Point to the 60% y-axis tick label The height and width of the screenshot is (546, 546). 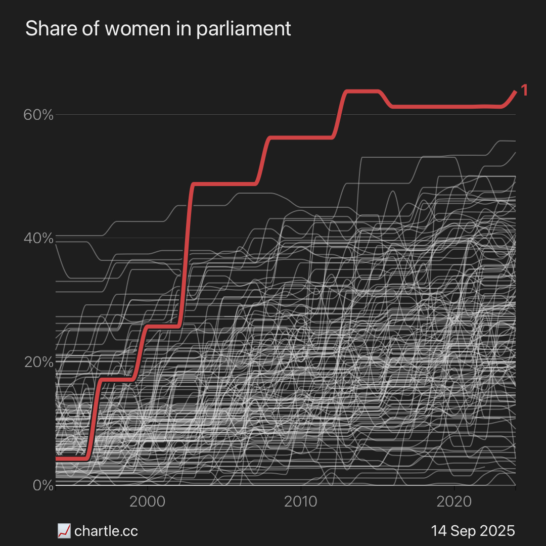(x=38, y=115)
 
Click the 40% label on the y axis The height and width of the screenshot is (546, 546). (x=38, y=238)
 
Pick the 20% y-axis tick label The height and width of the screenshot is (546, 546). (x=38, y=362)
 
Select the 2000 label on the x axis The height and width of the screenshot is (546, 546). (x=147, y=502)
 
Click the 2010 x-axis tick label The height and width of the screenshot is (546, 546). (x=301, y=502)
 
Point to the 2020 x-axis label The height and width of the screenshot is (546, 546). (x=454, y=502)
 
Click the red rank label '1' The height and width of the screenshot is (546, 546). (x=524, y=90)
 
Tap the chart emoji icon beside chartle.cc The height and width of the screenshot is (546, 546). (x=64, y=531)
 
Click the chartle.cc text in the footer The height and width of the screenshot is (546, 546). (x=106, y=531)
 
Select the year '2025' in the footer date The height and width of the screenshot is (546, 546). (x=497, y=531)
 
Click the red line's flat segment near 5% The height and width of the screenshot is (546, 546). (x=71, y=459)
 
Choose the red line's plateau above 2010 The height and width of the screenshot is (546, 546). (x=301, y=138)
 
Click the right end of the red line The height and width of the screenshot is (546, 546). (x=515, y=92)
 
